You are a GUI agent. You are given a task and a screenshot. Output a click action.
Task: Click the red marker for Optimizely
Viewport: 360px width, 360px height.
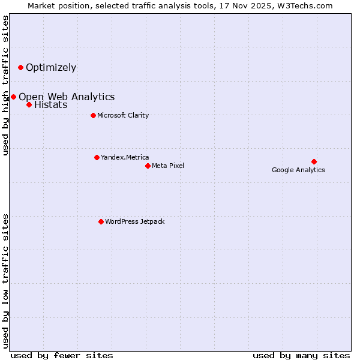point(20,67)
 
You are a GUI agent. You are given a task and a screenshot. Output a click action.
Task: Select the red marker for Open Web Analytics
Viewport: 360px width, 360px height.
point(13,97)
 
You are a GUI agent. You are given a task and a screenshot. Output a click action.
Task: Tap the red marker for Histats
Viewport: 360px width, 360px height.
point(29,104)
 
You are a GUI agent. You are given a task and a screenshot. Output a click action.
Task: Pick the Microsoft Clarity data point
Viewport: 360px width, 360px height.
point(93,115)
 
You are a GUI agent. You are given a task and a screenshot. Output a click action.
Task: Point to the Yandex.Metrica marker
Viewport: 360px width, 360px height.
point(97,157)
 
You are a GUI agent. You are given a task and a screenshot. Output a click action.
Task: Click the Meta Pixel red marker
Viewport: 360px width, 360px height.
point(148,166)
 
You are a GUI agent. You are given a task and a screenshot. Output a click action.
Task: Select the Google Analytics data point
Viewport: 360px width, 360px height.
point(314,161)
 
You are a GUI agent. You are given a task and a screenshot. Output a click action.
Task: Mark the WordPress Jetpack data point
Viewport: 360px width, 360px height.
point(101,221)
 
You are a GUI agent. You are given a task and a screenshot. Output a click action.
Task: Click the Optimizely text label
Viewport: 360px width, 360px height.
point(51,67)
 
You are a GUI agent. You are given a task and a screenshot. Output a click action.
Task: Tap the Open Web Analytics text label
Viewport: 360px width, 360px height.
point(67,97)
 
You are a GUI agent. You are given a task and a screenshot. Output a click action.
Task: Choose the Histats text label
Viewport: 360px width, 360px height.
point(51,105)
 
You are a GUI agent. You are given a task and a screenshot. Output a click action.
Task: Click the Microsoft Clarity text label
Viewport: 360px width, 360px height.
point(123,115)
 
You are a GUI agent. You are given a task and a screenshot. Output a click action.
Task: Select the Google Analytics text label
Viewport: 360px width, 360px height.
point(298,170)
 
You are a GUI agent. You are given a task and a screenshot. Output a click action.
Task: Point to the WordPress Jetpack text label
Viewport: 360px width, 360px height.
point(134,221)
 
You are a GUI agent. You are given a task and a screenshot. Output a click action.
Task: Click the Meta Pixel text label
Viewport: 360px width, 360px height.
point(168,166)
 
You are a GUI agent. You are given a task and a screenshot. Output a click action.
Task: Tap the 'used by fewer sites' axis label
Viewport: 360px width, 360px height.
point(62,355)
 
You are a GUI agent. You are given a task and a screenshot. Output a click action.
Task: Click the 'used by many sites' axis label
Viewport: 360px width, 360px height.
point(301,355)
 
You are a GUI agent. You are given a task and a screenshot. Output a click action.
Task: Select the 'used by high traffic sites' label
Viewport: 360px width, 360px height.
point(6,85)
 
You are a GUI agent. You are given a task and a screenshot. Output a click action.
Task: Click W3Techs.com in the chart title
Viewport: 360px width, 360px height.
point(304,6)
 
